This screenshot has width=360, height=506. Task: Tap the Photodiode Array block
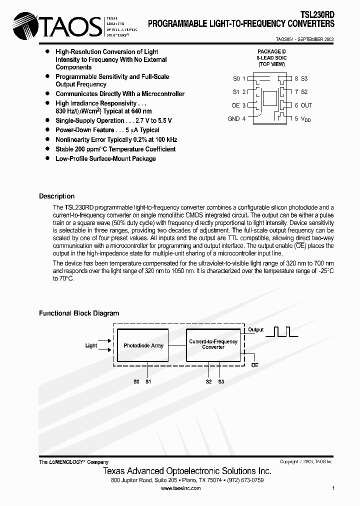[x=143, y=345]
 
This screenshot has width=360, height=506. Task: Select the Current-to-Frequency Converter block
[x=213, y=344]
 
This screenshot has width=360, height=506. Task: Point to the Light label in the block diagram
[x=91, y=345]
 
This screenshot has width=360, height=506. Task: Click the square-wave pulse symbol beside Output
[x=281, y=331]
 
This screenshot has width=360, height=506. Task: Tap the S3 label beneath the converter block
[x=221, y=381]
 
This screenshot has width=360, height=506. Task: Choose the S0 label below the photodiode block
[x=136, y=381]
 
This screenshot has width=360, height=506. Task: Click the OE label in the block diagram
[x=254, y=365]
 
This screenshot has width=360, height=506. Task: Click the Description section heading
[x=56, y=196]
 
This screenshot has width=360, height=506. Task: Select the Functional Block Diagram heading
[x=79, y=313]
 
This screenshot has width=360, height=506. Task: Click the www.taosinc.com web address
[x=181, y=488]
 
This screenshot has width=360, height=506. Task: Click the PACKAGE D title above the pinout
[x=272, y=51]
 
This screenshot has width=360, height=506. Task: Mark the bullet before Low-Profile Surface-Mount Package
[x=47, y=158]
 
